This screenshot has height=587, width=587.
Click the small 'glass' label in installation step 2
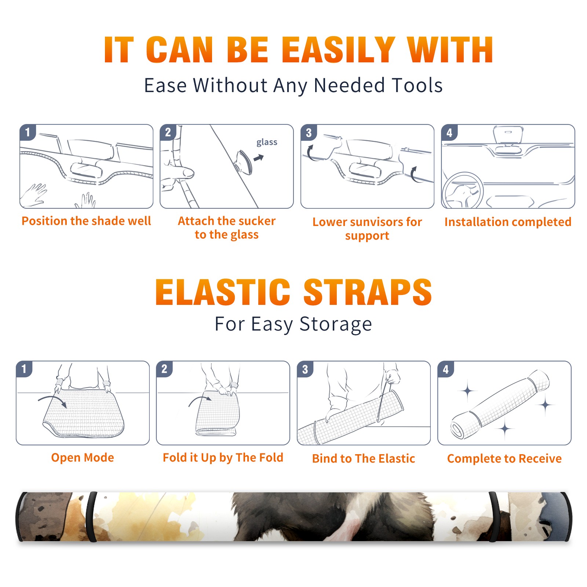point(267,142)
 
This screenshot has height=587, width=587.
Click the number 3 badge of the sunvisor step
point(309,132)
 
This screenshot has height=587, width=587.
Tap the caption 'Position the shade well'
point(86,221)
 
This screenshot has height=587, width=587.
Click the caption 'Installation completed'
point(508,222)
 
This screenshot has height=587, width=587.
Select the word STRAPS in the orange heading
point(368,292)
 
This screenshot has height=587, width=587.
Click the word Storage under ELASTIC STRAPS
point(336,324)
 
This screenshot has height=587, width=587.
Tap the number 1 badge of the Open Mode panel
point(24,369)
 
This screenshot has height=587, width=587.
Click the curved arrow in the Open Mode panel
point(52,400)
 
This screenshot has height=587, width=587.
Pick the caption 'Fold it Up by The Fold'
point(223,457)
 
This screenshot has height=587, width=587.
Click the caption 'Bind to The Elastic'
point(364,459)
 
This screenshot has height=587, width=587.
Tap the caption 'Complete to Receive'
point(504,459)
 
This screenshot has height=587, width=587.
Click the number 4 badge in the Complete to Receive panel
point(446,369)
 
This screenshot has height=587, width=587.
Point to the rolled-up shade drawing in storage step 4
point(500,404)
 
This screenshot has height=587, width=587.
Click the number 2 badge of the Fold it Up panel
point(164,369)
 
